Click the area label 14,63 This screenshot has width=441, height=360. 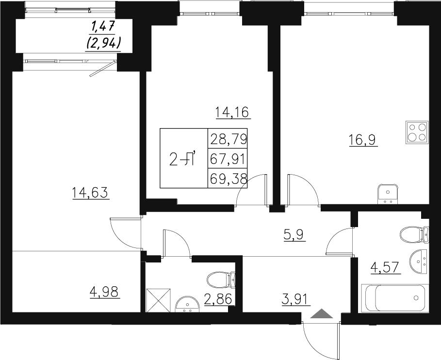[x=89, y=194]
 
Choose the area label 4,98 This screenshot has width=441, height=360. [x=104, y=292]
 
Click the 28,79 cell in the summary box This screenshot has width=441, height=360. [x=228, y=139]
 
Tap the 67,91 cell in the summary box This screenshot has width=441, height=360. [x=228, y=159]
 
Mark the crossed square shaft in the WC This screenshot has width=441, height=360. [x=159, y=299]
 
